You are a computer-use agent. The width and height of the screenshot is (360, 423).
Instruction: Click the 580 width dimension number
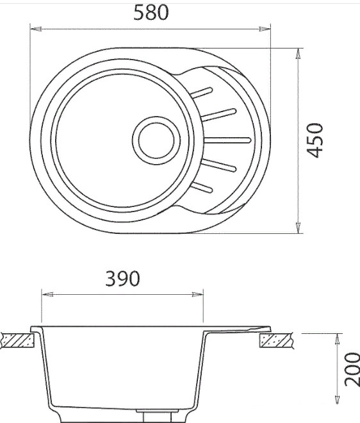[151, 13]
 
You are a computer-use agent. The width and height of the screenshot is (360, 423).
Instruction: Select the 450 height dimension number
[315, 140]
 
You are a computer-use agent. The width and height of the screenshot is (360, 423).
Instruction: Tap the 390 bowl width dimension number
[123, 278]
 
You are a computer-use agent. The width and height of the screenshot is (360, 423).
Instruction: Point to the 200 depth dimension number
[352, 369]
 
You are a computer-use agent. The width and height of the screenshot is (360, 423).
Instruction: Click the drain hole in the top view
[156, 140]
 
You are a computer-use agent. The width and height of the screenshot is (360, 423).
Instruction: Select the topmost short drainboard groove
[202, 92]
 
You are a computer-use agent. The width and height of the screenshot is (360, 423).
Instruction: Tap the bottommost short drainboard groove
[202, 188]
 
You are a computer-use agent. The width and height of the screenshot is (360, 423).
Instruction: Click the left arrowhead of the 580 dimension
[36, 29]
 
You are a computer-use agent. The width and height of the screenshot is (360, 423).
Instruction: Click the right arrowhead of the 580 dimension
[265, 29]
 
